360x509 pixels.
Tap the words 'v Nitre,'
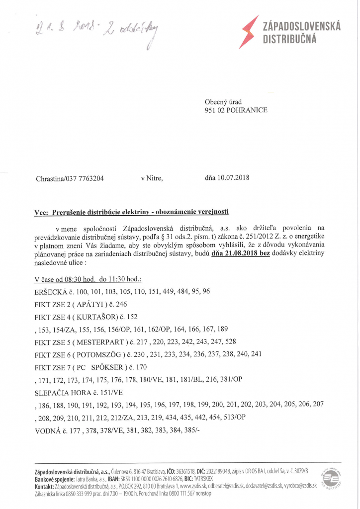click(x=152, y=178)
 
